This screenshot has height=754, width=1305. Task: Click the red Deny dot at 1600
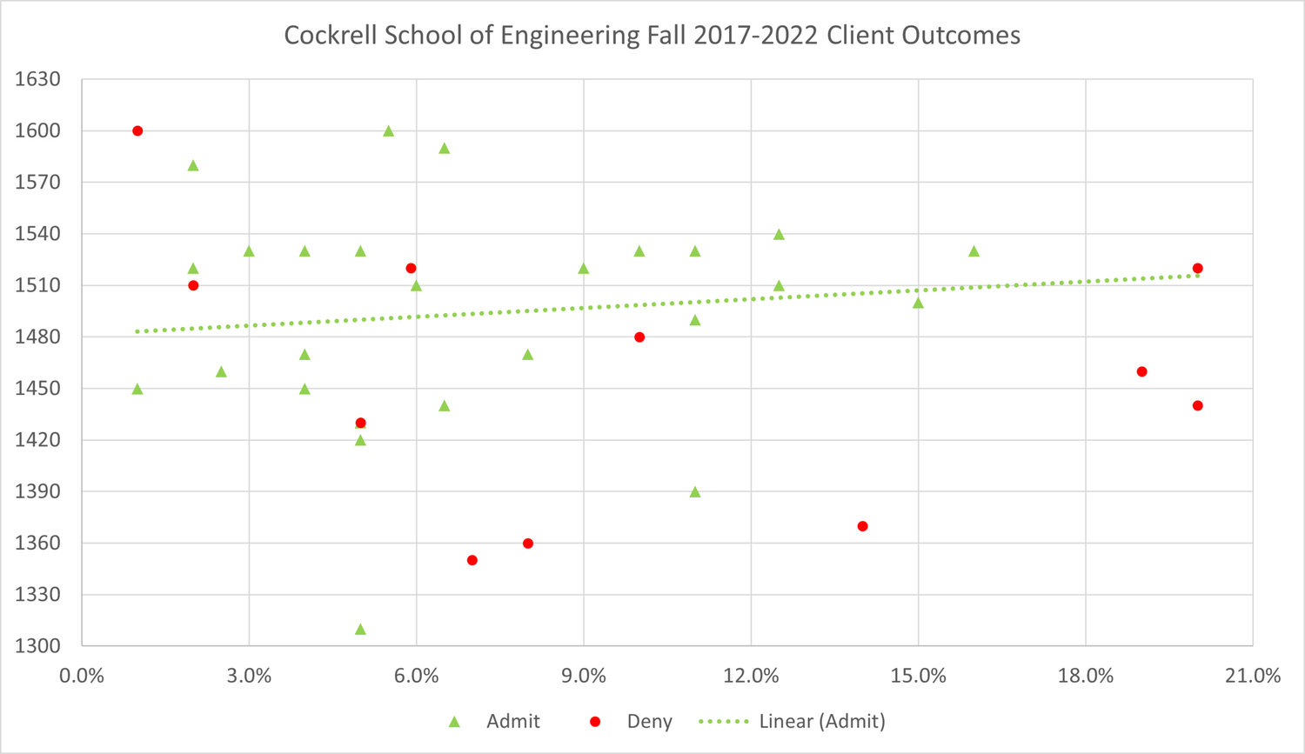coord(137,131)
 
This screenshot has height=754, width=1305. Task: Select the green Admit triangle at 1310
coord(360,630)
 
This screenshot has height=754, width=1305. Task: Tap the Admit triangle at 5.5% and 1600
coord(389,131)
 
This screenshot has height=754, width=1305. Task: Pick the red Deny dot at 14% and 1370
coord(862,526)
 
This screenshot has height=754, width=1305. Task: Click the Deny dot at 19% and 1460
coord(1141,372)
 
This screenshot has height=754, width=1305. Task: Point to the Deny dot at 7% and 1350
coord(472,560)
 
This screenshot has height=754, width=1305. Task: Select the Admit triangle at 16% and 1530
coord(974,251)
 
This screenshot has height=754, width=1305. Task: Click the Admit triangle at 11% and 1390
coord(695,492)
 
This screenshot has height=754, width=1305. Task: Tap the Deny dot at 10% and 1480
coord(639,337)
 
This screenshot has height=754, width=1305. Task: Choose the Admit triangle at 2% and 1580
coord(193,165)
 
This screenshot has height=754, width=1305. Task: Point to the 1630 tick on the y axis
coord(38,79)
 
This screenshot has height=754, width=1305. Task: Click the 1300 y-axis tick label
coord(38,646)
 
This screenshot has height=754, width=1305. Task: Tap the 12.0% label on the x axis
coord(751,676)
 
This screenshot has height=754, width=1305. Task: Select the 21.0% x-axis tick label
coord(1253,676)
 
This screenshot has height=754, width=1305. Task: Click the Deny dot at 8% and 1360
coord(528,544)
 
